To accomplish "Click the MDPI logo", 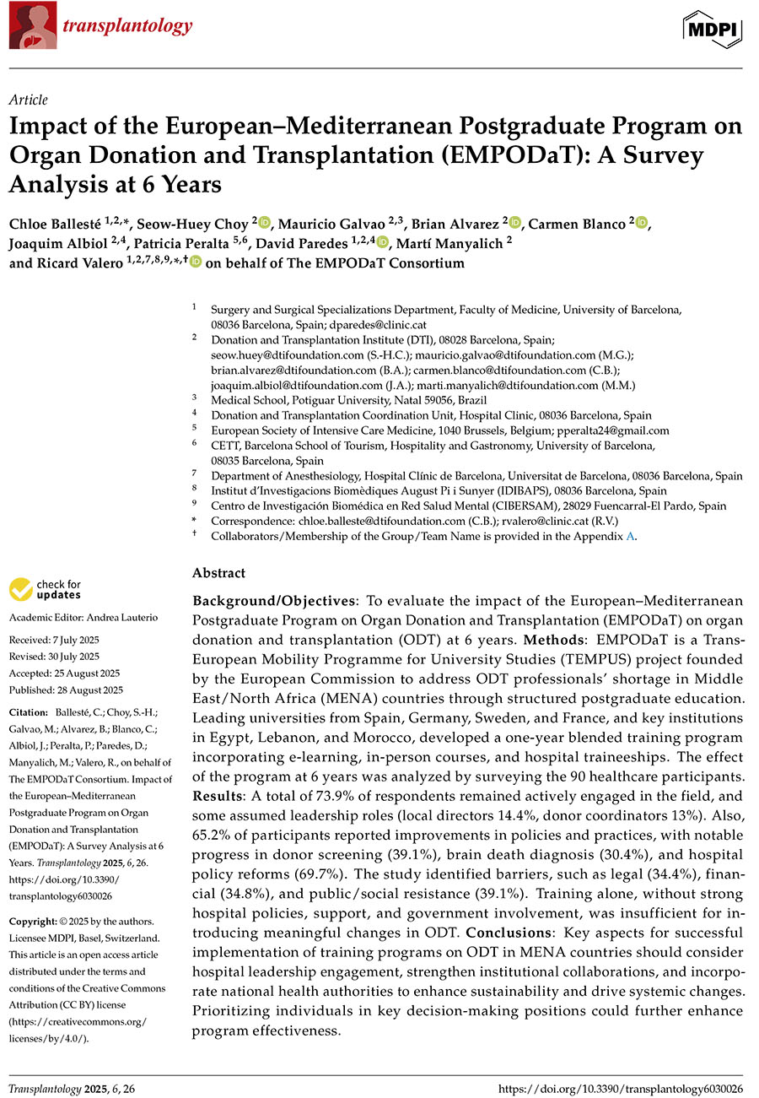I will [x=712, y=28].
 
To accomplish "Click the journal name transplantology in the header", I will [x=126, y=26].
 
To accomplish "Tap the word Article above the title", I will [x=28, y=100].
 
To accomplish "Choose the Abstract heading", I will [x=218, y=573].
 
